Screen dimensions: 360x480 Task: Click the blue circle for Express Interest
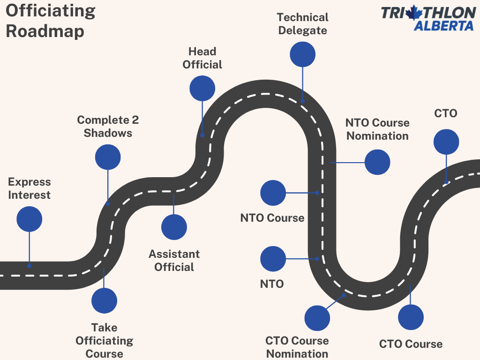point(29,219)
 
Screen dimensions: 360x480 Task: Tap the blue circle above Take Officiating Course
point(104,301)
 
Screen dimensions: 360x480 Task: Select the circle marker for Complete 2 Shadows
point(108,157)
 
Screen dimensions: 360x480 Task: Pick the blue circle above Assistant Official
point(174,227)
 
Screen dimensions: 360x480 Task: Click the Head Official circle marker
point(202,88)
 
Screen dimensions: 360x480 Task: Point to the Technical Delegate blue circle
point(302,54)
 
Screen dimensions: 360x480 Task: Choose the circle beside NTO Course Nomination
point(377,162)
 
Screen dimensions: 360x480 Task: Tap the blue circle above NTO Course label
point(273,193)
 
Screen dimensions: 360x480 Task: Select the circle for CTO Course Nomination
point(317,318)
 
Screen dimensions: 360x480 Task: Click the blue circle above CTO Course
point(411,317)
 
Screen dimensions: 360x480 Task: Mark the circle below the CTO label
point(446,142)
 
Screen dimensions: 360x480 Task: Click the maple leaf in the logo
point(414,12)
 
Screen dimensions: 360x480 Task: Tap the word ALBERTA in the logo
point(444,25)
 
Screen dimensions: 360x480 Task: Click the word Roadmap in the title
point(45,31)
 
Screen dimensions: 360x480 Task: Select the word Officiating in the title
point(51,11)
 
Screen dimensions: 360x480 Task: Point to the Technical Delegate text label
point(302,24)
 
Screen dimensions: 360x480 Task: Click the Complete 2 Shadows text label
point(108,127)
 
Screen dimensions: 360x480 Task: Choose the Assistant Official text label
point(174,261)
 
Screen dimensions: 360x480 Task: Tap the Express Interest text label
point(29,188)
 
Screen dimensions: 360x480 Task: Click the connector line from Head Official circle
point(202,117)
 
